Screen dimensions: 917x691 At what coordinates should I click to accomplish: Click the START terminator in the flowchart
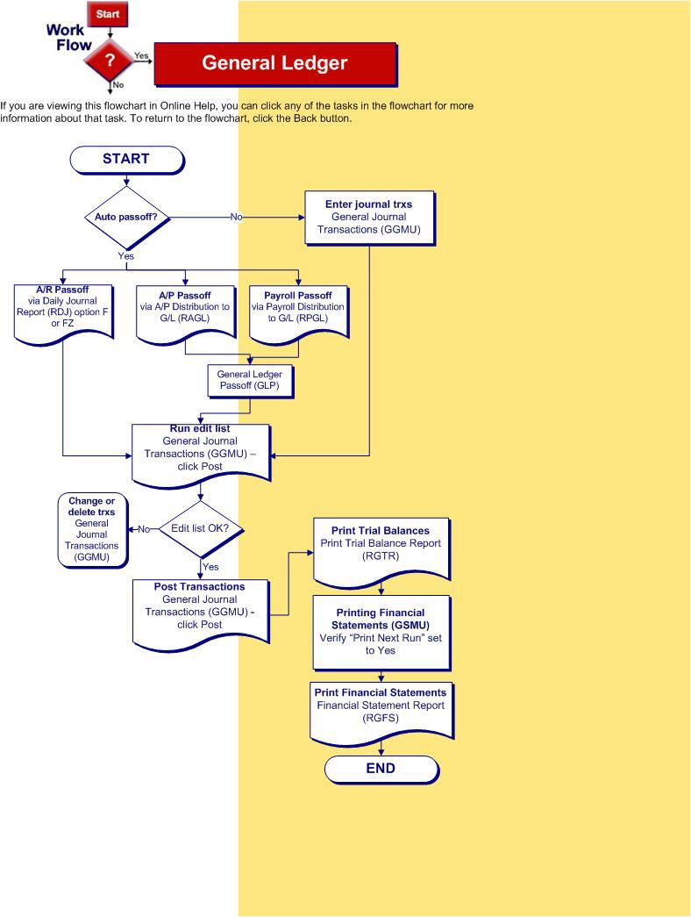126,159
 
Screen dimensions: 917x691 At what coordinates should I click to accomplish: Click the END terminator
381,769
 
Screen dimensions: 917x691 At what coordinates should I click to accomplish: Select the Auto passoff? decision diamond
126,217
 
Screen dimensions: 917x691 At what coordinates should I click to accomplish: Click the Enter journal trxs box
368,217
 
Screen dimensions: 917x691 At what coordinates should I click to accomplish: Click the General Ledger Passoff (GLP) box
250,379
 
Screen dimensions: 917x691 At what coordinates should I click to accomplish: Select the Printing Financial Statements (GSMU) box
381,631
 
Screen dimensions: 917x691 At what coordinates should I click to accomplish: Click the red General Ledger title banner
274,63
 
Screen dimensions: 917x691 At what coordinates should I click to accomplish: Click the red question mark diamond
110,60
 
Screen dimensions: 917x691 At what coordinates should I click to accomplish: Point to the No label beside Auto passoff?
236,217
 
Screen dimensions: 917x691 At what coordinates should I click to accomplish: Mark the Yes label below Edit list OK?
210,567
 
